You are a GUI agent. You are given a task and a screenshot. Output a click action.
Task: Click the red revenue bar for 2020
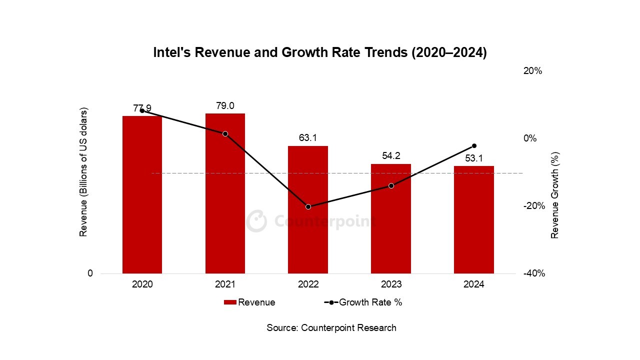pos(142,195)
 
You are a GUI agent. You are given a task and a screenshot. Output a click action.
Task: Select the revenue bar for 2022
pos(308,210)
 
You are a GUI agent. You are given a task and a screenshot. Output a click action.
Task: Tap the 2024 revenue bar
pos(474,220)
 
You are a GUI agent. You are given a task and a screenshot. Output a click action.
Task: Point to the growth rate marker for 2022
pos(308,206)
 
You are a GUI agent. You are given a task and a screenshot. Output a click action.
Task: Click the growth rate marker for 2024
pos(474,145)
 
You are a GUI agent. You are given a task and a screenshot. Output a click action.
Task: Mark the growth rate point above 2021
pos(225,133)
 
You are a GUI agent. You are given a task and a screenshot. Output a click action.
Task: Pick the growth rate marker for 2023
pos(391,185)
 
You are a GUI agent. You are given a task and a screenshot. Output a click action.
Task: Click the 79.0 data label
pos(225,106)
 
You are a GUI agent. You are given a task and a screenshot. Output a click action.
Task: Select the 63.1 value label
pos(308,138)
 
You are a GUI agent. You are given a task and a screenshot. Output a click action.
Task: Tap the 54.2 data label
pos(391,156)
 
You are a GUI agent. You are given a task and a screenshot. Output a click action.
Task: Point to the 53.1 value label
pos(474,158)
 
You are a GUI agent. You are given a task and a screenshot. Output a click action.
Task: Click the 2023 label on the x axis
pos(391,284)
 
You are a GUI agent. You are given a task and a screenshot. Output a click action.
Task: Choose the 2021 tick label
pos(225,284)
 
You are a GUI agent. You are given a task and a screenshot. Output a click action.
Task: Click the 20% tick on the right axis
pos(532,71)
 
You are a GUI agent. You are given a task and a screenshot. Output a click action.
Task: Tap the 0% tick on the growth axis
pos(530,138)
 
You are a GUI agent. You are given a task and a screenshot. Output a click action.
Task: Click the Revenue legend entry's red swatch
pos(230,302)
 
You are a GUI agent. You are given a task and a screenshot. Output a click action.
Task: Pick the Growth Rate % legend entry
pos(363,302)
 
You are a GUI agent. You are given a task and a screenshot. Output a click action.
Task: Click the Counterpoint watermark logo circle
pos(256,221)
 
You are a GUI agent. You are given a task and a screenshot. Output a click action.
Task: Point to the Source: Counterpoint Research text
pos(331,328)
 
